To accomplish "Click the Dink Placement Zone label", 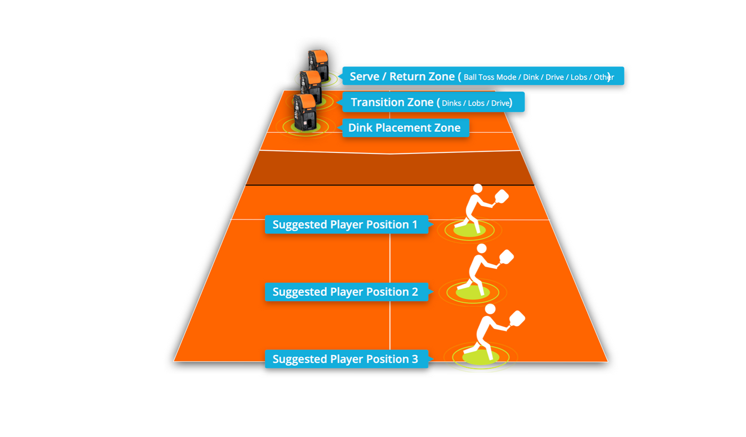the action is point(406,128).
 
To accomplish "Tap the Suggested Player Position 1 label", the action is point(346,224).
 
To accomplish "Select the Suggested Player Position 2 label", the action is point(346,292).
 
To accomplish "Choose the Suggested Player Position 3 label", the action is point(346,359).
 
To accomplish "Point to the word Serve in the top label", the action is point(364,77).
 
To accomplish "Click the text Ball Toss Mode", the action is point(490,77).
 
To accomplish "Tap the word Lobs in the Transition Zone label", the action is point(476,103).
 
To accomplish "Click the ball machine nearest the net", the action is point(305,112).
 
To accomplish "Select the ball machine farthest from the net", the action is point(319,65).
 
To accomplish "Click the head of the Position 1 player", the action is point(478,188).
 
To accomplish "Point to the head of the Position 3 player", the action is point(490,309).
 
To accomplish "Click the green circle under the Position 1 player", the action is point(469,230).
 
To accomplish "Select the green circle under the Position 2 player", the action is point(473,292).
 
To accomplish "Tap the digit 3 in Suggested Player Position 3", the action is point(415,359).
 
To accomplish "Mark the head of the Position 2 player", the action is point(482,248).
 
